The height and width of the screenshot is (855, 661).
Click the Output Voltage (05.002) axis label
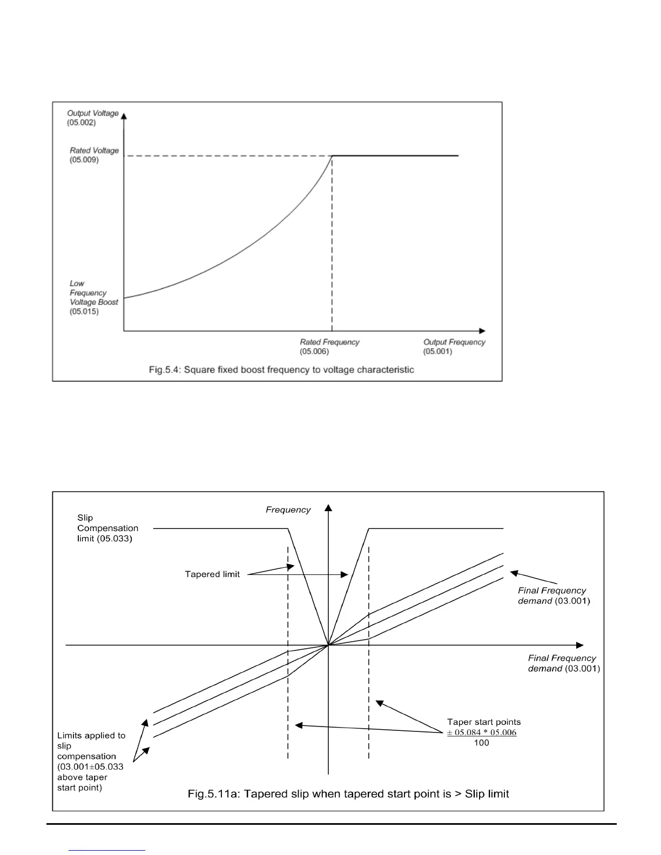point(92,118)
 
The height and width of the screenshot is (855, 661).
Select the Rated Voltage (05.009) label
point(94,155)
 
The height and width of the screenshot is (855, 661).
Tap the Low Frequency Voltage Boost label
point(93,297)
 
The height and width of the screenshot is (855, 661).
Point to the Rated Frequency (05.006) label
point(329,347)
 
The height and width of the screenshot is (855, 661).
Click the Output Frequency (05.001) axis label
point(454,347)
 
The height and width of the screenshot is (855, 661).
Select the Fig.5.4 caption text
point(281,370)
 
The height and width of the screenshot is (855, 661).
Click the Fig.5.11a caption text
point(348,793)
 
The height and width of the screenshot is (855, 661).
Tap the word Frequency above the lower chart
point(288,510)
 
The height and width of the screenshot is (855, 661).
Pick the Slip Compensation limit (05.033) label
point(107,528)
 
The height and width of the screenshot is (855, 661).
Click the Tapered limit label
point(212,574)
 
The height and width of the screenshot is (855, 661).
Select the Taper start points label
point(484,722)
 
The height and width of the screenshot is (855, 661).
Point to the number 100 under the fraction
point(481,743)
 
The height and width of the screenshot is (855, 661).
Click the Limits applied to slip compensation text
point(91,761)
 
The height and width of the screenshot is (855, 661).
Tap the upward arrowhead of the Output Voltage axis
point(124,116)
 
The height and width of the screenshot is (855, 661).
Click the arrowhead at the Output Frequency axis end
point(482,330)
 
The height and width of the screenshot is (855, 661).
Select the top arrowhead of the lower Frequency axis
point(328,507)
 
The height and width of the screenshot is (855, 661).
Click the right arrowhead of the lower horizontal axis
point(580,645)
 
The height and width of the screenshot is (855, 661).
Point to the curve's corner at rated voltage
point(332,156)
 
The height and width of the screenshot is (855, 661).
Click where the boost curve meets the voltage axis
point(124,297)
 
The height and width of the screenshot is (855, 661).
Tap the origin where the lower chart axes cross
point(328,645)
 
